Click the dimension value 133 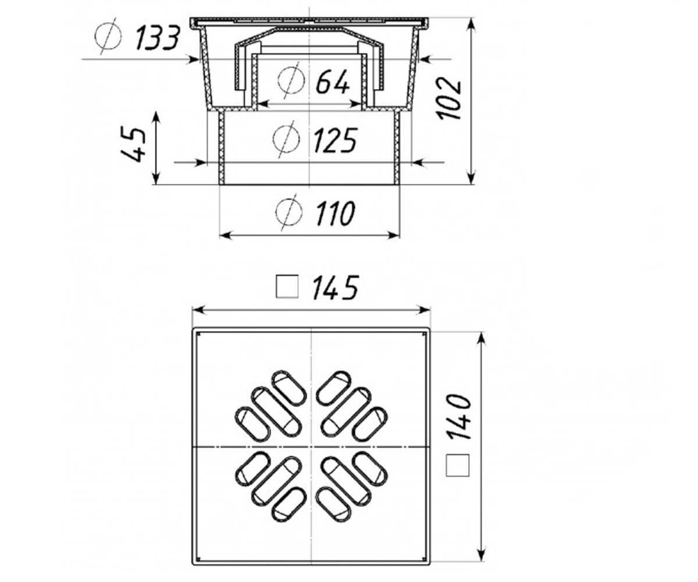pos(158,38)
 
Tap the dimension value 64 pos(333,81)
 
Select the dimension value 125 pos(336,140)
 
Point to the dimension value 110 pos(334,213)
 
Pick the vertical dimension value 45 pos(133,144)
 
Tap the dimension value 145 pos(335,288)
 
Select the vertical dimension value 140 pos(459,417)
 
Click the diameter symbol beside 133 pos(108,36)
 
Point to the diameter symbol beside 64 pos(291,80)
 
